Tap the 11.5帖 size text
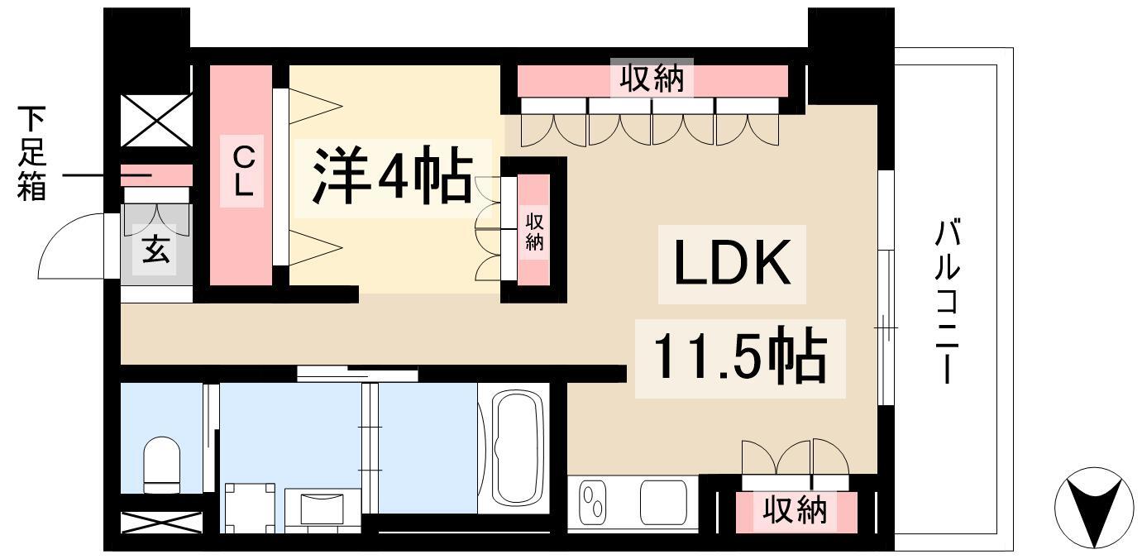pyautogui.click(x=740, y=355)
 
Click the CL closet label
pyautogui.click(x=241, y=171)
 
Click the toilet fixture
pyautogui.click(x=161, y=463)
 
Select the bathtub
pyautogui.click(x=519, y=447)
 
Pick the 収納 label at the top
pyautogui.click(x=652, y=80)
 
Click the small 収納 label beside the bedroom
pyautogui.click(x=534, y=231)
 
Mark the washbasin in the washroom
pyautogui.click(x=323, y=506)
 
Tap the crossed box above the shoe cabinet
pyautogui.click(x=156, y=121)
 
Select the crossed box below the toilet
pyautogui.click(x=161, y=523)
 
